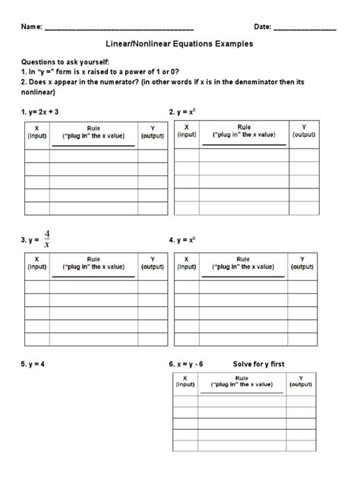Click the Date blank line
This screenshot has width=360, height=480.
pos(305,28)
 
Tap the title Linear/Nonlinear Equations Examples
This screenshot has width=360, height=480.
pos(179,45)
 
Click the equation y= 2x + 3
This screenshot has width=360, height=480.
pos(46,112)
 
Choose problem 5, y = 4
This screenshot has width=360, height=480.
pos(33,364)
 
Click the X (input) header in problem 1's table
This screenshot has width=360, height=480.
pos(37,133)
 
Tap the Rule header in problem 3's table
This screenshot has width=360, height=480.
pos(93,263)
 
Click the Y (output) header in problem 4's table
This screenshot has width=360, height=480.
pos(304,263)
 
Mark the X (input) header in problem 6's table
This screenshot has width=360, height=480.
pos(185,381)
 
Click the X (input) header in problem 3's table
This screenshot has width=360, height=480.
pos(37,263)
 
